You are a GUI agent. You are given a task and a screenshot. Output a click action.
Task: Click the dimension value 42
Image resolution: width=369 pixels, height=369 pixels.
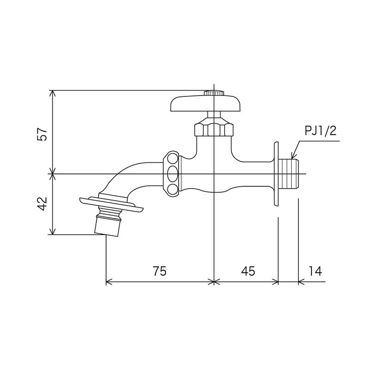tap(42, 204)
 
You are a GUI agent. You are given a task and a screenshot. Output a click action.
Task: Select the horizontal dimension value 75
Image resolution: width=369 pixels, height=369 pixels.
tap(159, 271)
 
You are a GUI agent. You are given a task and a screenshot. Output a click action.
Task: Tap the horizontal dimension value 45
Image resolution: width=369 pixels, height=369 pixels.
tap(248, 271)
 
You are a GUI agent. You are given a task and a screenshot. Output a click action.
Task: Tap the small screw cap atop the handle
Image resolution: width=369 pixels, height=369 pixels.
tap(214, 93)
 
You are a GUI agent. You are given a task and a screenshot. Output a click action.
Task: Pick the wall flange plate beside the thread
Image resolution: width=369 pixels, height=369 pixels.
tap(276, 173)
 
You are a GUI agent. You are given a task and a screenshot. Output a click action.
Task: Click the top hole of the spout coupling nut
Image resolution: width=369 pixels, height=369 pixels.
tap(173, 159)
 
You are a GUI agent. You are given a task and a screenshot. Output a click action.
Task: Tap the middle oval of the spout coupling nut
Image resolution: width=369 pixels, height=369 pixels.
tap(173, 174)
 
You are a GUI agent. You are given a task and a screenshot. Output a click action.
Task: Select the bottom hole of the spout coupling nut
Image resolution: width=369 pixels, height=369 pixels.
tap(173, 189)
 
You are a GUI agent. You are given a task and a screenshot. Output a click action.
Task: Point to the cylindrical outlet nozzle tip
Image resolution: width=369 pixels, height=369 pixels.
tap(107, 226)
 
